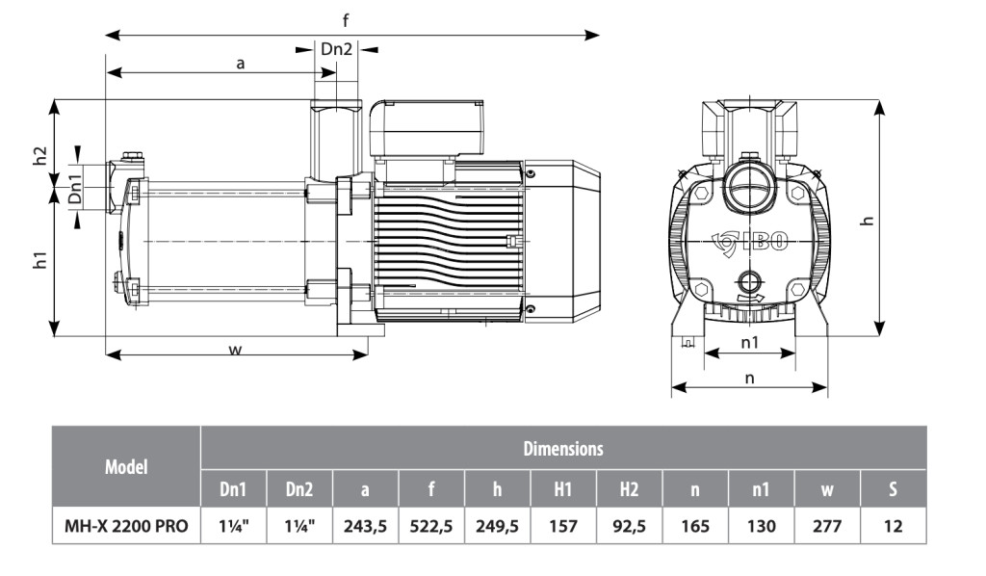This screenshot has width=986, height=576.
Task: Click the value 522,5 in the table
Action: coord(431,526)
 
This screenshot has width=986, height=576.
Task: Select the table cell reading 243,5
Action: coord(365,526)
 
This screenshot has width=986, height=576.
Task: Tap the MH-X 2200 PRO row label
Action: coord(126,526)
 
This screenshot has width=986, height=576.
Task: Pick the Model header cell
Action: coord(126,467)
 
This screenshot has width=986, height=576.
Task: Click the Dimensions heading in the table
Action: coord(563,448)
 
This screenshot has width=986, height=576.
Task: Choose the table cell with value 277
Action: coord(827,526)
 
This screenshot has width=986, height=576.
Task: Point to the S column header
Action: coord(894,489)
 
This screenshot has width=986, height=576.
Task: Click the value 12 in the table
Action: coord(894,526)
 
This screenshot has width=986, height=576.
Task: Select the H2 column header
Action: coord(629,489)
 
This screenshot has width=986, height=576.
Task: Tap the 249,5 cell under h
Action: coord(497,526)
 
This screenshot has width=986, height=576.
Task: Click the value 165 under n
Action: coord(695,526)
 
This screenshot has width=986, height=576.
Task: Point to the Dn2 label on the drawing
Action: coord(336,49)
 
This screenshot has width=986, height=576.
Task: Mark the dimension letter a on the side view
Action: coord(241,63)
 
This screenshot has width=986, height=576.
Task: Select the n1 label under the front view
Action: coord(750,342)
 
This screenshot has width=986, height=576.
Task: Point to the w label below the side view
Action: coord(235,349)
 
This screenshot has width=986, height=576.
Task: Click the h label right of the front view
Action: coord(868,220)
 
